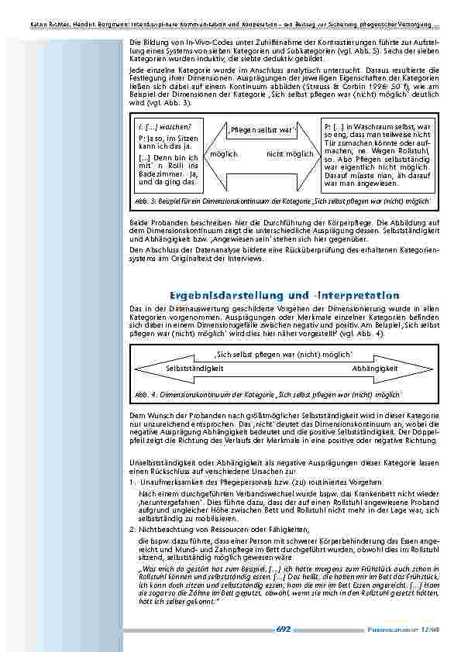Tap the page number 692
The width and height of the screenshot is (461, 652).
pos(283,629)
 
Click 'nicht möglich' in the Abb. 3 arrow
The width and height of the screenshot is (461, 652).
pos(290,154)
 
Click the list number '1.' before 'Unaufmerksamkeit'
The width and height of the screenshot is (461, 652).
pos(132,482)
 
